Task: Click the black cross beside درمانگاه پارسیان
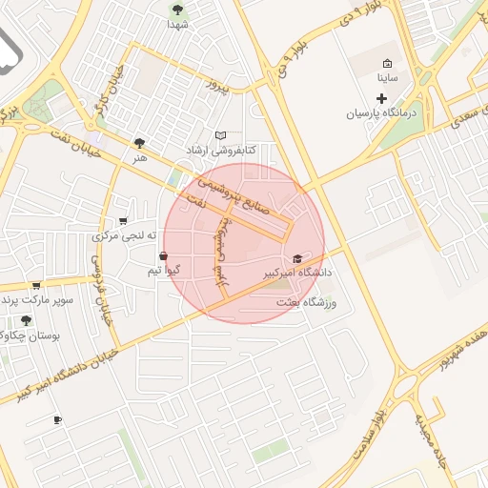[381, 98]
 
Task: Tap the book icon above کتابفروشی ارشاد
[221, 136]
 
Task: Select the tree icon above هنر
[141, 143]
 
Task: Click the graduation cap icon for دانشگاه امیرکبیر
[297, 258]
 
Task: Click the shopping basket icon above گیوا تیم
[164, 256]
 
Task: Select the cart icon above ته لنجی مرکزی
[122, 221]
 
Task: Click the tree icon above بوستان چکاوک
[25, 320]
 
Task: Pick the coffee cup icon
[57, 419]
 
